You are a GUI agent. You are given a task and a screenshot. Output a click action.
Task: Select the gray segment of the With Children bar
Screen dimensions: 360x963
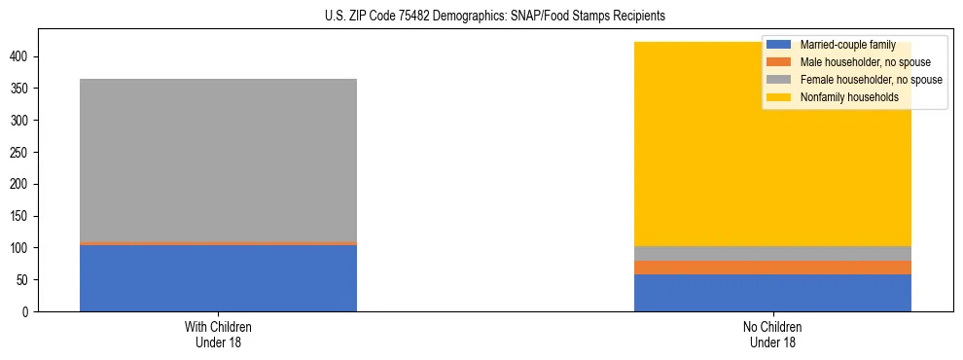coord(218,160)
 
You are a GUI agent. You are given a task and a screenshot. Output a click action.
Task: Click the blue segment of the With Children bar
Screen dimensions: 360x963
coord(218,278)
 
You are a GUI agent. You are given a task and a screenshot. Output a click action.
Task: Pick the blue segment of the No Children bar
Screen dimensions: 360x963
coord(772,293)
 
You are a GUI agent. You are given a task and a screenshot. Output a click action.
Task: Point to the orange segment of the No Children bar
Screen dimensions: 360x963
coord(772,268)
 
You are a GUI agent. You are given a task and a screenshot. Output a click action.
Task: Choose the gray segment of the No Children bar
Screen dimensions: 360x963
coord(772,253)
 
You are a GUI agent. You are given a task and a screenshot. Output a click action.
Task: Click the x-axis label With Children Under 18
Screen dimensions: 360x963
coord(218,334)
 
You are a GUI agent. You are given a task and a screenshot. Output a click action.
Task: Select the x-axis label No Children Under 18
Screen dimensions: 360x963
coord(772,334)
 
